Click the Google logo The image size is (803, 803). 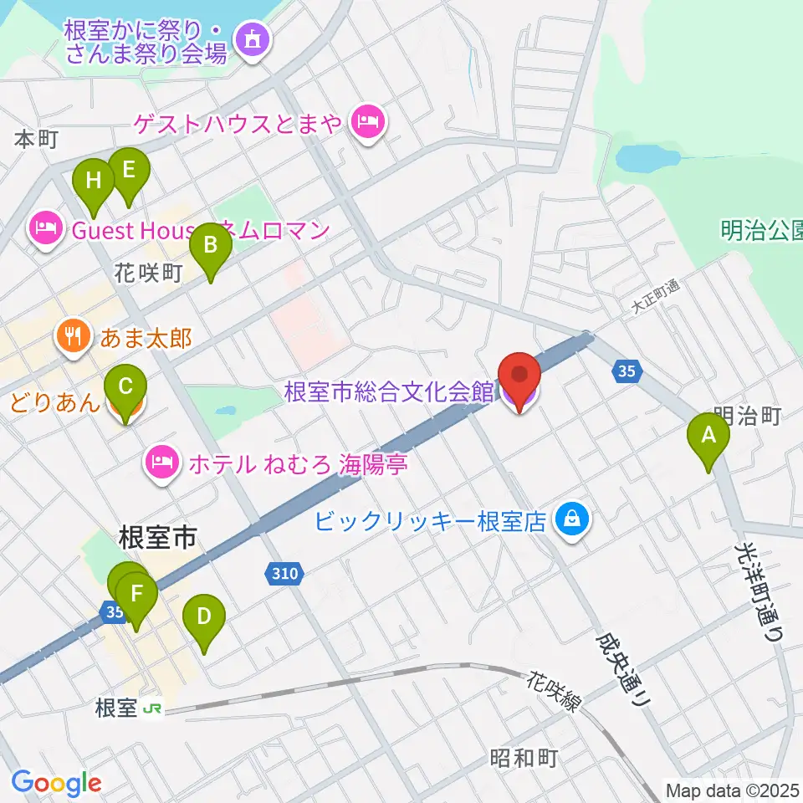coord(56,783)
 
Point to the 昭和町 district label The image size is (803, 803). coord(524,758)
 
